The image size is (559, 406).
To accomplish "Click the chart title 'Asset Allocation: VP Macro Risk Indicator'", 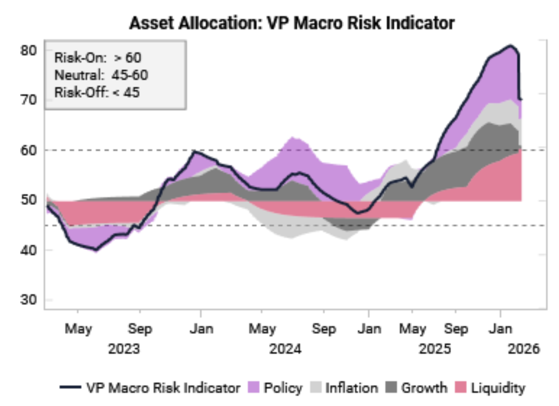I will pyautogui.click(x=292, y=23).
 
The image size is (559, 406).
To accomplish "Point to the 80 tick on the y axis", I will pyautogui.click(x=29, y=51).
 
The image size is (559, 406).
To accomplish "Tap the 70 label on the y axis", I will pyautogui.click(x=29, y=100).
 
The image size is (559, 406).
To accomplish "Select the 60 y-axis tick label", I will pyautogui.click(x=29, y=150).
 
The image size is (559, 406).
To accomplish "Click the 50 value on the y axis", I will pyautogui.click(x=29, y=200).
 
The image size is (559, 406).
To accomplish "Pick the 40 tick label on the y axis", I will pyautogui.click(x=29, y=250).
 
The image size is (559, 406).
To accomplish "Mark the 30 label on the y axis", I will pyautogui.click(x=29, y=300).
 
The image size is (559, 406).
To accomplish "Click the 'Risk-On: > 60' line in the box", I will pyautogui.click(x=98, y=58).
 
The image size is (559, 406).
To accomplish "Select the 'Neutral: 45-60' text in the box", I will pyautogui.click(x=101, y=75).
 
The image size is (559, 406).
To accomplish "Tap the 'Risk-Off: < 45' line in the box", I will pyautogui.click(x=97, y=93).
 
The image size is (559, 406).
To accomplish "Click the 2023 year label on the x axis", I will pyautogui.click(x=124, y=349).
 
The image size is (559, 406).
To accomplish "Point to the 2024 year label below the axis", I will pyautogui.click(x=285, y=349).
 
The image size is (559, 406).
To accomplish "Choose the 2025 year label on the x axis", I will pyautogui.click(x=435, y=349).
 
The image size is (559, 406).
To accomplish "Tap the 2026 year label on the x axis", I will pyautogui.click(x=524, y=349).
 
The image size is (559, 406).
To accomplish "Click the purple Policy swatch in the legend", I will pyautogui.click(x=253, y=387).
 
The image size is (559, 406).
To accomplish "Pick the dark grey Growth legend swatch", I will pyautogui.click(x=391, y=387).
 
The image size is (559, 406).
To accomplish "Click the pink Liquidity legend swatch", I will pyautogui.click(x=460, y=387).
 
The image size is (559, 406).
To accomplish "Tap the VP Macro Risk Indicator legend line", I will pyautogui.click(x=70, y=387).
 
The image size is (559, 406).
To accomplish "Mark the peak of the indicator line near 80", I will pyautogui.click(x=510, y=46).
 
